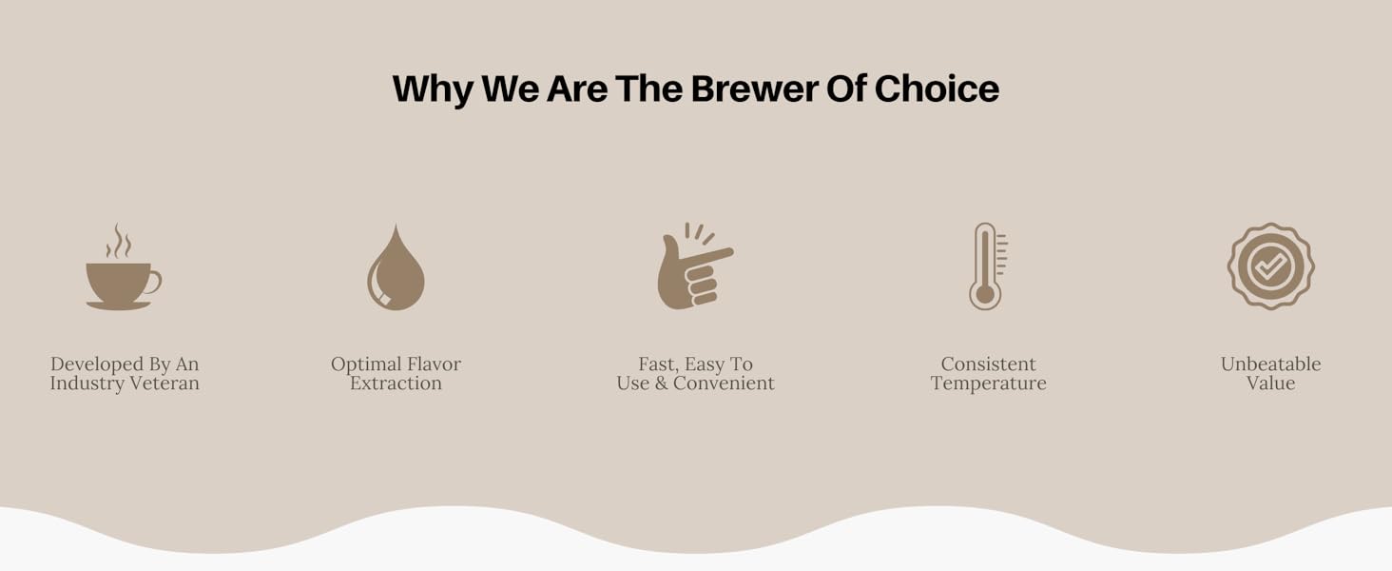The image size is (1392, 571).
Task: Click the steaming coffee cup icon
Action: (124, 266)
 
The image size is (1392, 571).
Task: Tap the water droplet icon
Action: (396, 266)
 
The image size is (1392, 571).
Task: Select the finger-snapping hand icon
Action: (695, 266)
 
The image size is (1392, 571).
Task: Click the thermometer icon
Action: (988, 266)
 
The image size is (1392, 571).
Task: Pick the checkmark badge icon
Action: (1271, 266)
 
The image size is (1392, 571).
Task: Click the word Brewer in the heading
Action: (754, 89)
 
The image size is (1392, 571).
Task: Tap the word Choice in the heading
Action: (938, 89)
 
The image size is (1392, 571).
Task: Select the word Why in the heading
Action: (434, 89)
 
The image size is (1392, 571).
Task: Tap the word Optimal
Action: (365, 364)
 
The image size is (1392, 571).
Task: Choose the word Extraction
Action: (396, 384)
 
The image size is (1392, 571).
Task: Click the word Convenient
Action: (724, 384)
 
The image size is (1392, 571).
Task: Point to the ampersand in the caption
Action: (661, 384)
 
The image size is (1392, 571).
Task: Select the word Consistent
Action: (988, 364)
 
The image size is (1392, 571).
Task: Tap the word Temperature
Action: (988, 384)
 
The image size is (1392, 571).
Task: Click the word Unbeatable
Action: (1271, 364)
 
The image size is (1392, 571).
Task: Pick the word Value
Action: (1271, 384)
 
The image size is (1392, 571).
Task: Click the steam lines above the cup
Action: (118, 241)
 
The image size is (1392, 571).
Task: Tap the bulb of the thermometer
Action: (985, 295)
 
